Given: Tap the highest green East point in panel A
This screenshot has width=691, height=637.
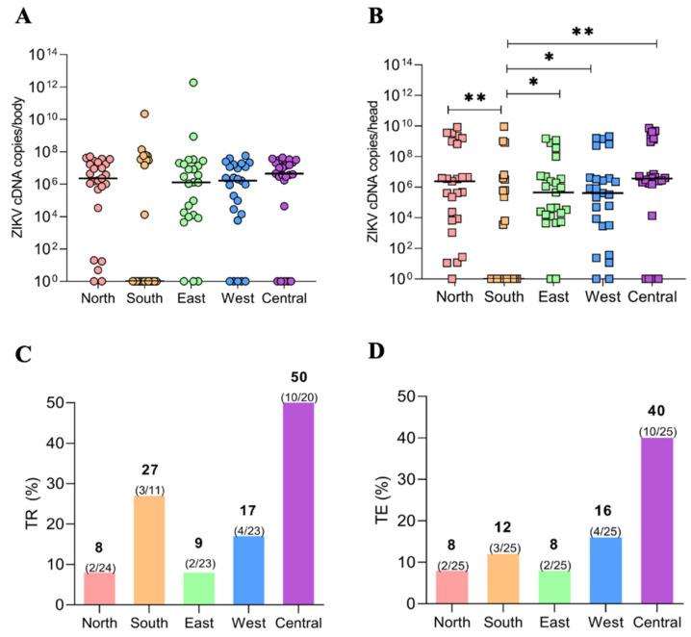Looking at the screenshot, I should tap(193, 83).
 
